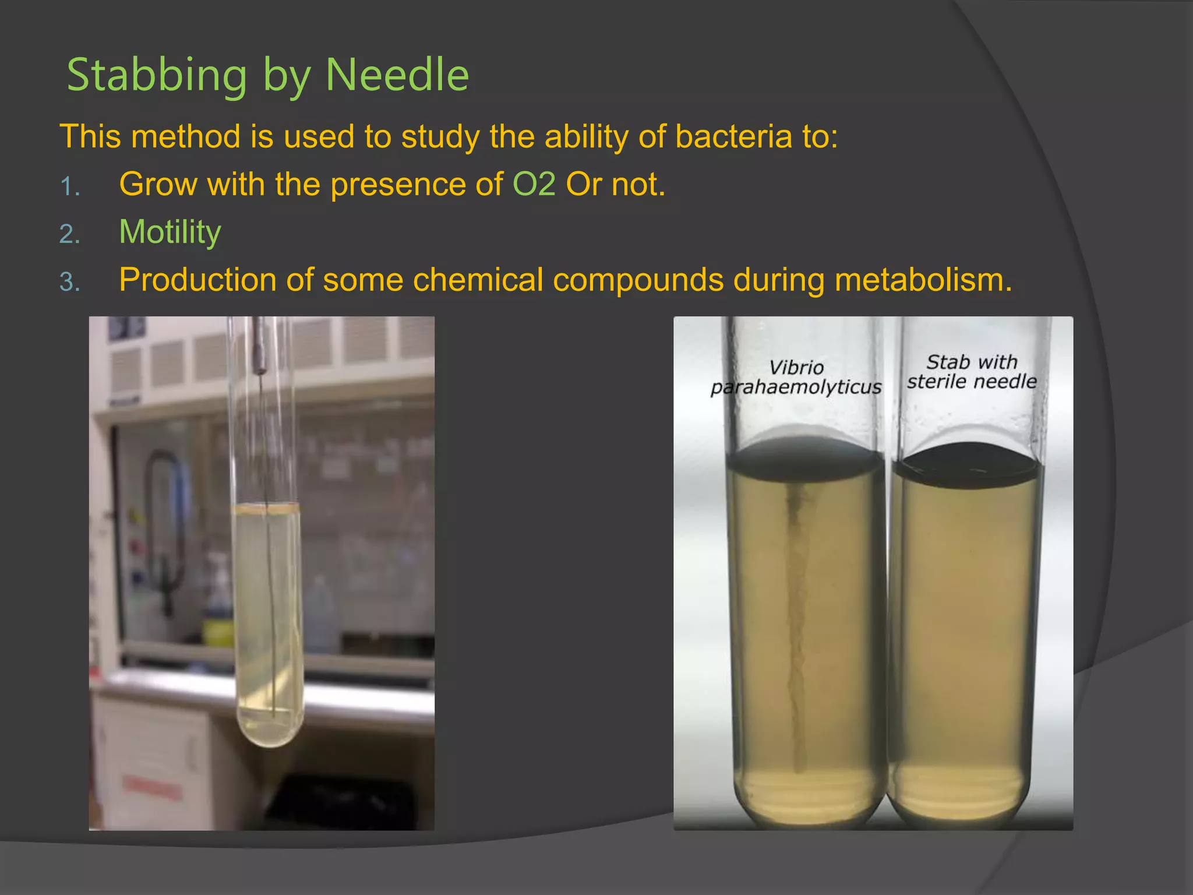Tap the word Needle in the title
[397, 76]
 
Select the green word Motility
[170, 232]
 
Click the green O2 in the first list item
[534, 185]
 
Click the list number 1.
[70, 187]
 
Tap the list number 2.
[70, 235]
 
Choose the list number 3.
[70, 283]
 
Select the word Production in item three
[197, 280]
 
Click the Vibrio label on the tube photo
[796, 368]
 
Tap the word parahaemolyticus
[796, 387]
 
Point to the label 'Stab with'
[972, 362]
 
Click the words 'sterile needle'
[972, 382]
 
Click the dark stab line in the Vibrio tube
[795, 612]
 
